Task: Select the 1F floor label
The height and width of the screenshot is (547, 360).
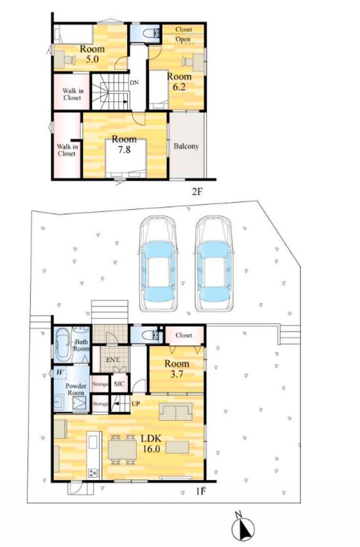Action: [201, 491]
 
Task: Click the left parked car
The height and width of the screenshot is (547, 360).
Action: [158, 263]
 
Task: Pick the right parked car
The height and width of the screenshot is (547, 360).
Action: [214, 263]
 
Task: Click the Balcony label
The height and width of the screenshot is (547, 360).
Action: [186, 146]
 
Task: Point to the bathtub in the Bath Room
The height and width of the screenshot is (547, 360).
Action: [63, 345]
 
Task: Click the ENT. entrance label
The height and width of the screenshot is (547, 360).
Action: [113, 359]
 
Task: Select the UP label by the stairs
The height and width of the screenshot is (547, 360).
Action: [136, 404]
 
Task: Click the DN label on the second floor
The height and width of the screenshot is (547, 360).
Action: [134, 83]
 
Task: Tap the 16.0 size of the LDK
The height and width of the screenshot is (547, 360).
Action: [151, 449]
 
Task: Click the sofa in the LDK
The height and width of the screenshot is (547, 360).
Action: [176, 412]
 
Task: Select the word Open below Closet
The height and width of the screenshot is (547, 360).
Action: [183, 39]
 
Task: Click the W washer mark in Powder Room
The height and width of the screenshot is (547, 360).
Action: [60, 372]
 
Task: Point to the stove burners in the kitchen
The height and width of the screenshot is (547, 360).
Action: [94, 473]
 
